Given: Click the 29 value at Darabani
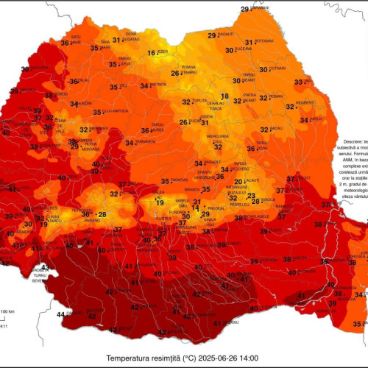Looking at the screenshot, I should pos(244,9).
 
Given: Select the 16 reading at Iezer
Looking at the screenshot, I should pos(152,53).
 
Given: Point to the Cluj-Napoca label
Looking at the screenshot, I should pos(111,112).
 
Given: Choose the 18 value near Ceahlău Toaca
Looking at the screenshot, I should pos(224,96).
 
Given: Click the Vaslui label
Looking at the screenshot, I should pos(316,118).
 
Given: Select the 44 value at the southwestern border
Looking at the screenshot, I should pos(60,314).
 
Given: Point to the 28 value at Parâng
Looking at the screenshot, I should pos(102,215).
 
